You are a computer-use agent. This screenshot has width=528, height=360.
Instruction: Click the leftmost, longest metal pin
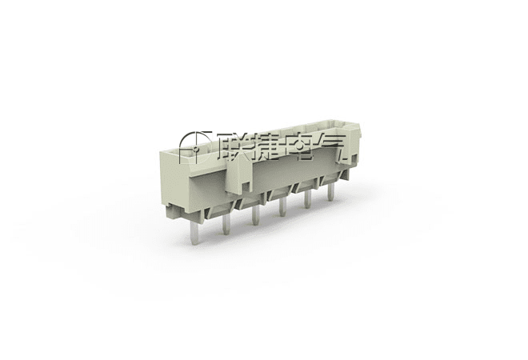point(194,231)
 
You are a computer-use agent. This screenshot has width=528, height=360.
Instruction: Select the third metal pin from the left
point(256,215)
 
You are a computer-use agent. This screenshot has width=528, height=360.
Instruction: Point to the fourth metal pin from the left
point(283,206)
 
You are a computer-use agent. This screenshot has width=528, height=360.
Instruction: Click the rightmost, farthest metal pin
point(330,192)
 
